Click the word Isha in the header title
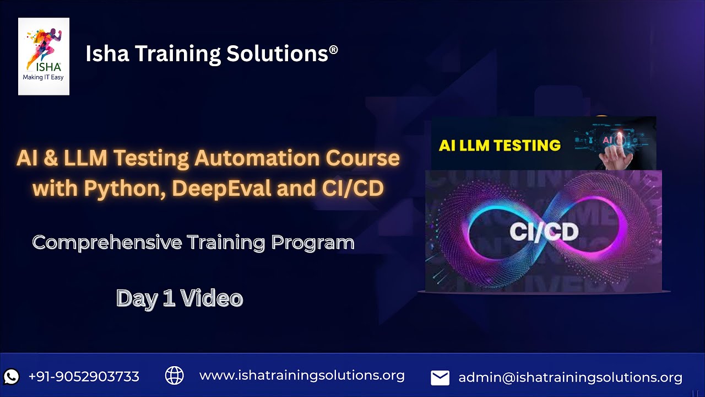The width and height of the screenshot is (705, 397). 107,53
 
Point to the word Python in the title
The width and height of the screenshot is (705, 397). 124,189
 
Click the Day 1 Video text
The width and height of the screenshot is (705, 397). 180,298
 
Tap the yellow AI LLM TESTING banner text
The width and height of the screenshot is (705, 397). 500,146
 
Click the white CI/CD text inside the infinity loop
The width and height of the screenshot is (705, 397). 544,232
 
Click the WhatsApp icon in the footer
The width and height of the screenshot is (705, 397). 11,377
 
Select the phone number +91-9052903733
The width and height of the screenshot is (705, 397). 84,377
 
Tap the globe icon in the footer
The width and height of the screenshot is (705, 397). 175,375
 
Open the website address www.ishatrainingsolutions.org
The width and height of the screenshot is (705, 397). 302,376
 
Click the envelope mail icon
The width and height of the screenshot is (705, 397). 440,378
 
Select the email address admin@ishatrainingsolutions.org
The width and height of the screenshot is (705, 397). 570,378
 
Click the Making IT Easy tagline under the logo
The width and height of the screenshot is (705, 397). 43,78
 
